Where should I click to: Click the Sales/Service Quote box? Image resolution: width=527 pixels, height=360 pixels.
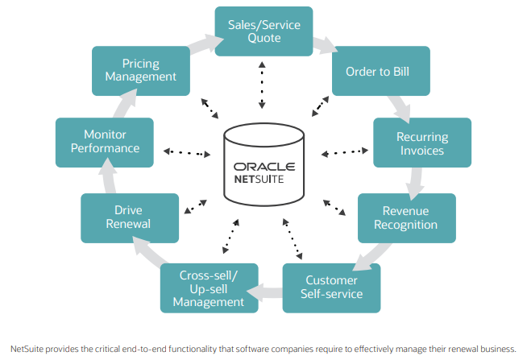pyautogui.click(x=263, y=31)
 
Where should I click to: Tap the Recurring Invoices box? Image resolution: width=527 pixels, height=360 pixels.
pyautogui.click(x=421, y=143)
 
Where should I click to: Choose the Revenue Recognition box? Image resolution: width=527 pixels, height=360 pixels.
pyautogui.click(x=406, y=217)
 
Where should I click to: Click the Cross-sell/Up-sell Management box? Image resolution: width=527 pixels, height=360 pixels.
pyautogui.click(x=209, y=288)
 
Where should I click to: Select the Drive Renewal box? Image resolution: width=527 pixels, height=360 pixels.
pyautogui.click(x=129, y=217)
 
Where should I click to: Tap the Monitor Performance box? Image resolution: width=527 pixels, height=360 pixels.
pyautogui.click(x=105, y=142)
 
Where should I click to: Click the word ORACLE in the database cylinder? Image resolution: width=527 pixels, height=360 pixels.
pyautogui.click(x=263, y=168)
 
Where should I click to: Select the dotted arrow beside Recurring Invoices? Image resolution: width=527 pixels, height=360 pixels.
pyautogui.click(x=344, y=151)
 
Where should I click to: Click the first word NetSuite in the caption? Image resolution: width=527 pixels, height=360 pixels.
pyautogui.click(x=30, y=349)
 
